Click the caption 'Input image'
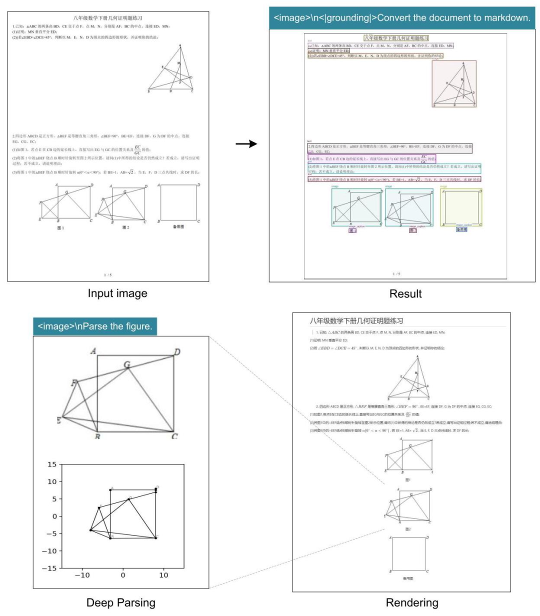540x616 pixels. pyautogui.click(x=117, y=293)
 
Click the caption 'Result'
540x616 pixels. pyautogui.click(x=405, y=293)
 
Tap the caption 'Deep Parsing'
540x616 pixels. pyautogui.click(x=121, y=602)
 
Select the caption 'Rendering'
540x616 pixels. pyautogui.click(x=412, y=602)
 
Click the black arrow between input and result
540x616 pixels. pyautogui.click(x=246, y=144)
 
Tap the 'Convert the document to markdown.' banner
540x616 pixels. pyautogui.click(x=402, y=18)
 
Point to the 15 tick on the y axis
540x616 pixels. pyautogui.click(x=52, y=464)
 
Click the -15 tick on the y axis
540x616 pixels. pyautogui.click(x=49, y=568)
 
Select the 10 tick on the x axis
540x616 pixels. pyautogui.click(x=163, y=575)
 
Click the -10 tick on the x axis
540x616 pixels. pyautogui.click(x=82, y=575)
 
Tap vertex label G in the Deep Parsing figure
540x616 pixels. pyautogui.click(x=127, y=365)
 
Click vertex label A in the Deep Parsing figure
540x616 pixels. pyautogui.click(x=93, y=351)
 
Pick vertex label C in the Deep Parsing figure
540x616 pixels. pyautogui.click(x=174, y=436)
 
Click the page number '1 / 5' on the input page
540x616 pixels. pyautogui.click(x=107, y=274)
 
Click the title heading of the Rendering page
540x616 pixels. pyautogui.click(x=356, y=321)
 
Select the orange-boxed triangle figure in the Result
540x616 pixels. pyautogui.click(x=454, y=83)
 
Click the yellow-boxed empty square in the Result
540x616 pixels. pyautogui.click(x=461, y=207)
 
